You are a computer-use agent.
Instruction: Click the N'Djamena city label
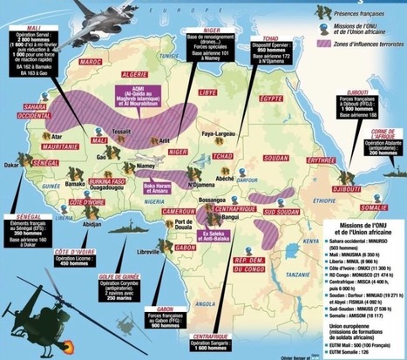tap(198, 183)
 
